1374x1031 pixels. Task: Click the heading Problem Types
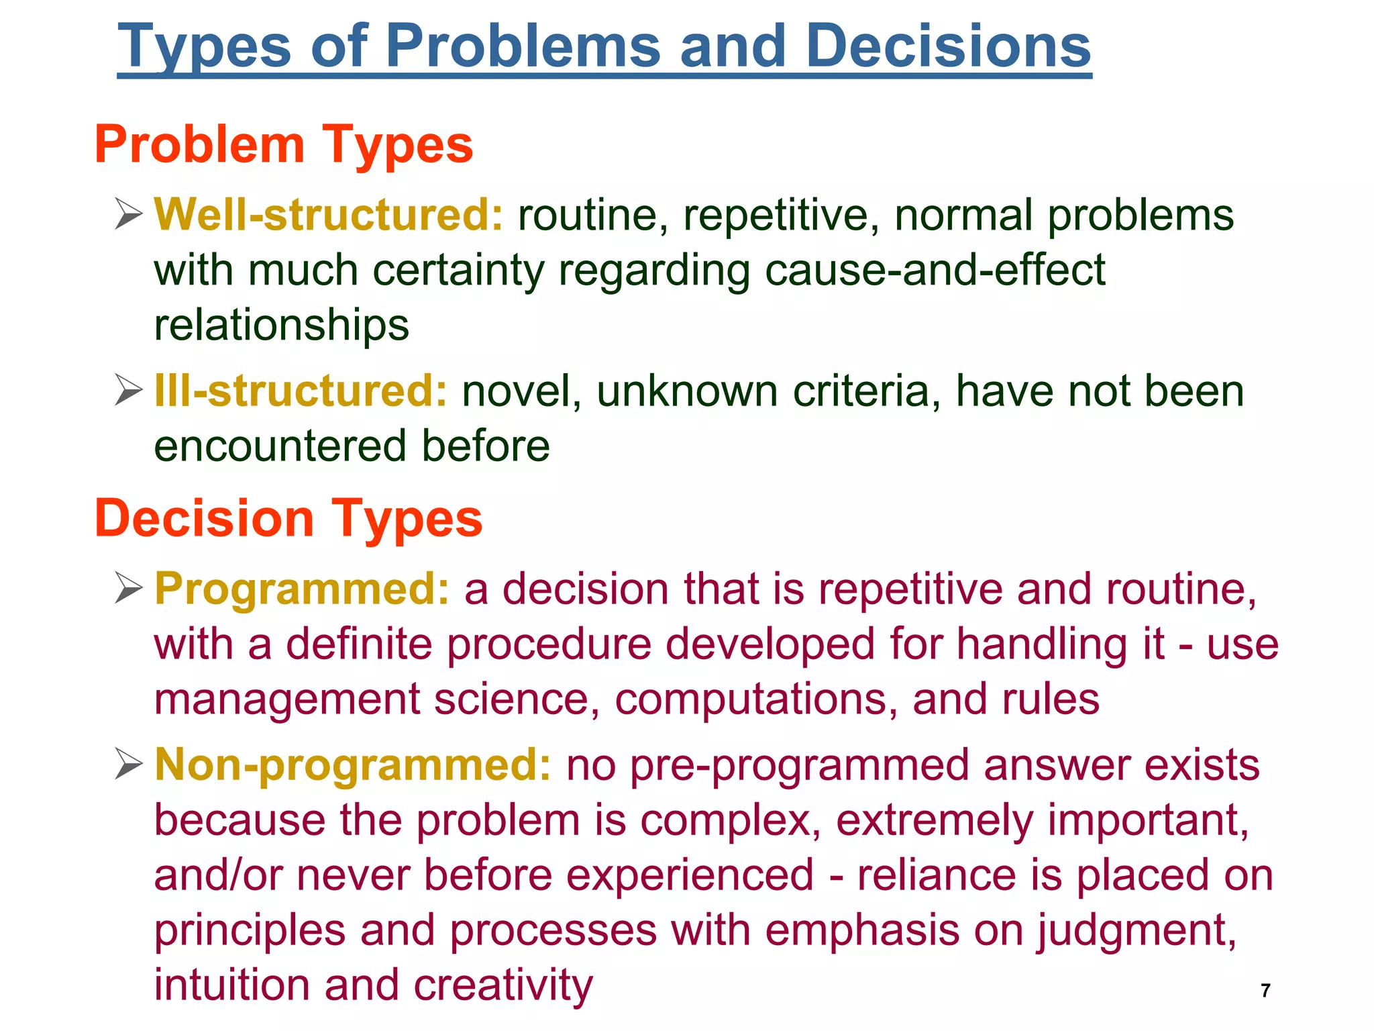tap(284, 144)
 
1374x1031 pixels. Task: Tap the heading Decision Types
tap(288, 518)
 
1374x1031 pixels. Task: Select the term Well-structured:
tap(328, 215)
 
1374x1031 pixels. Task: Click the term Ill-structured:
tap(301, 391)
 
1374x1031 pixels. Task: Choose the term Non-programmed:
tap(353, 765)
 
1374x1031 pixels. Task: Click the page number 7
tap(1265, 990)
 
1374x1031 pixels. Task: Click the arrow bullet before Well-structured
tap(128, 215)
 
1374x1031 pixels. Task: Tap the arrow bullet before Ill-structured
tap(128, 391)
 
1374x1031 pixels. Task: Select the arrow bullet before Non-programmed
tap(128, 765)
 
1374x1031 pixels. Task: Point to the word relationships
tap(282, 326)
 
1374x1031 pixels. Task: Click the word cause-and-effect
tap(935, 270)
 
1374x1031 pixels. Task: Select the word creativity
tap(503, 985)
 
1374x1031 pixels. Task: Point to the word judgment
tap(1137, 931)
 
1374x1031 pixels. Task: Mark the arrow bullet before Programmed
tap(128, 589)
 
